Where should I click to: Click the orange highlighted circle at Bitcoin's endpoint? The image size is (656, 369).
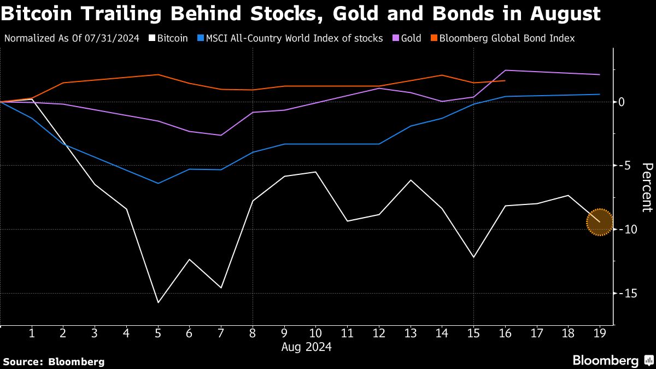600,222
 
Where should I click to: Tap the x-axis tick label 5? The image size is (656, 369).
158,332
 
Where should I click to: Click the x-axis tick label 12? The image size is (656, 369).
379,332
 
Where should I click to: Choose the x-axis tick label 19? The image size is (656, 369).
600,332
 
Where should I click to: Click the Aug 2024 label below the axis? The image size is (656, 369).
306,347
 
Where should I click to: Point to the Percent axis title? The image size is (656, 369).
647,187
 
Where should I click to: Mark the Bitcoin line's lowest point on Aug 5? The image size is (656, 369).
158,302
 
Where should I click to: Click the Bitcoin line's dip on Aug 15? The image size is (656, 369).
473,257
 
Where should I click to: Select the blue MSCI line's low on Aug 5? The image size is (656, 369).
158,183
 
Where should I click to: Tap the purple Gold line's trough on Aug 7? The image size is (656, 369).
221,135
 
